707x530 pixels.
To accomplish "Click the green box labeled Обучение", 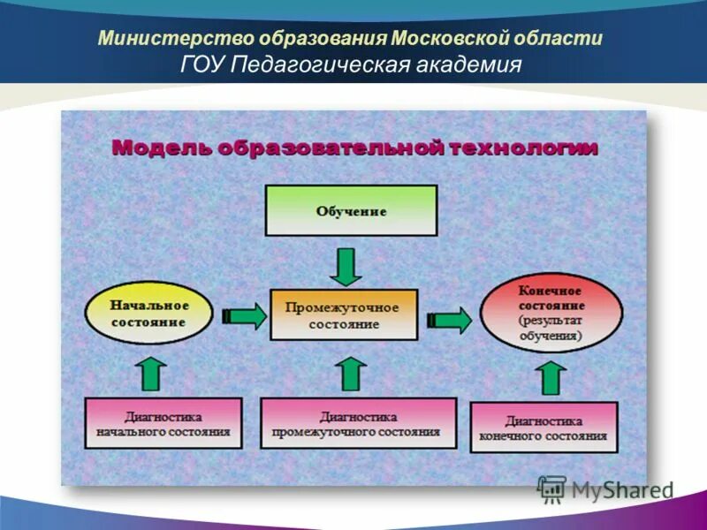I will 351,210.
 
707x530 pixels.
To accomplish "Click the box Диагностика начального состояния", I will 163,424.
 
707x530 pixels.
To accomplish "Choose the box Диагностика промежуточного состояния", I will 358,423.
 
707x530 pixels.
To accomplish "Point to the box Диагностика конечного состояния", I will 544,428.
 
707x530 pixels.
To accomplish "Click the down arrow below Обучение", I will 346,266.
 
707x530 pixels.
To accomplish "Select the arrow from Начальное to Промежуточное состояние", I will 245,316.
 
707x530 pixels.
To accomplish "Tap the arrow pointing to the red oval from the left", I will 451,319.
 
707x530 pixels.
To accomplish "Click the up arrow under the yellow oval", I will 151,373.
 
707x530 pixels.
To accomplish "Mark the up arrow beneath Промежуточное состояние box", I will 352,373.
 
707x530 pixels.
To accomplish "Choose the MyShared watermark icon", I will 551,488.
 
